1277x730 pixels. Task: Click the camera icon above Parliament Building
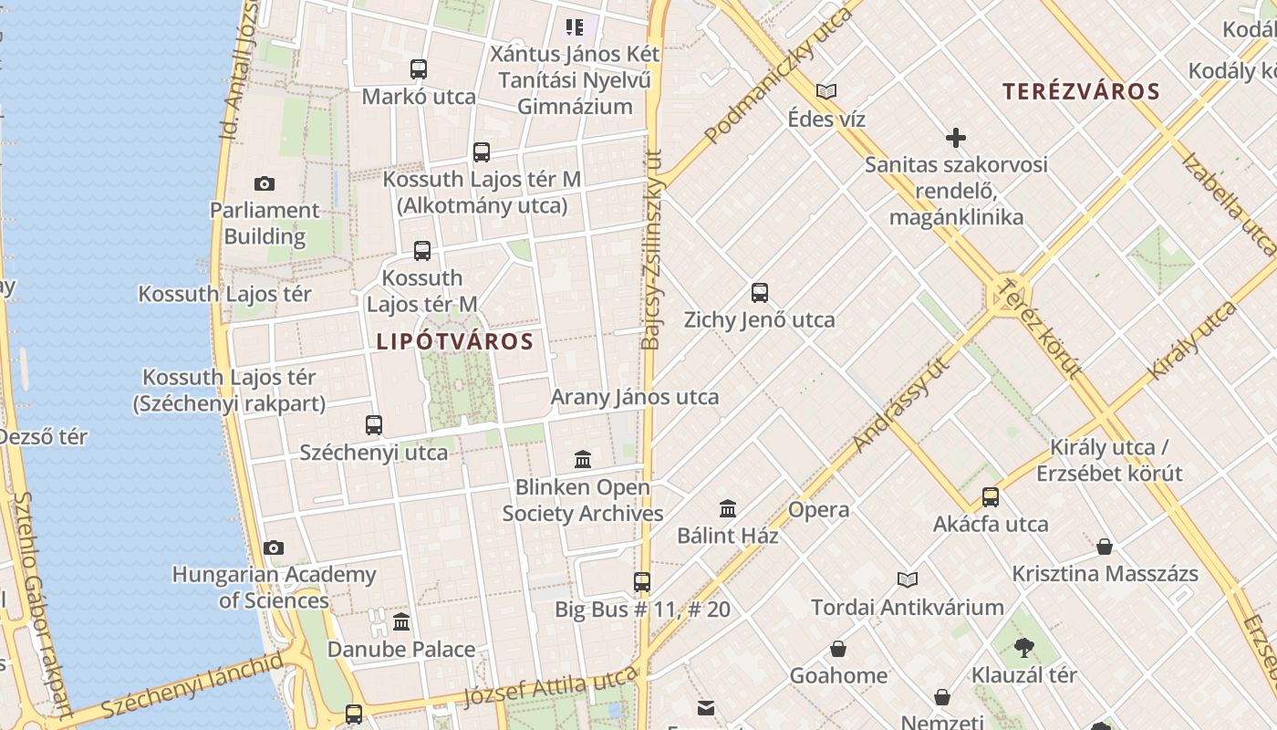tap(265, 184)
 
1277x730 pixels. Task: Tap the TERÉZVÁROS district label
tap(1081, 91)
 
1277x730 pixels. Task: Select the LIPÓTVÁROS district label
tap(455, 342)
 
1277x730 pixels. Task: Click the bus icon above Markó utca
tap(419, 68)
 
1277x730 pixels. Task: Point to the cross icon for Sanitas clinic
tap(956, 138)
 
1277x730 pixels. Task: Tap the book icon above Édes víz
tap(826, 91)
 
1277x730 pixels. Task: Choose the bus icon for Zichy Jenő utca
tap(760, 293)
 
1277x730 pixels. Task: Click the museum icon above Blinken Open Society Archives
tap(583, 459)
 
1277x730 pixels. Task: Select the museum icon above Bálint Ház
tap(728, 508)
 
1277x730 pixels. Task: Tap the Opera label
tap(818, 510)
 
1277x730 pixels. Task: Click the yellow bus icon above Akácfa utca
tap(991, 497)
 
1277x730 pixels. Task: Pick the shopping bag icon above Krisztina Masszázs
tap(1105, 547)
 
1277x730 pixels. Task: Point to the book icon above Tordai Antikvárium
tap(908, 579)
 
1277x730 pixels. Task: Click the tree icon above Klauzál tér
tap(1024, 648)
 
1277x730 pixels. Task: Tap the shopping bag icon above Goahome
tap(838, 649)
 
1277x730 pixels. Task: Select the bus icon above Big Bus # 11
tap(642, 581)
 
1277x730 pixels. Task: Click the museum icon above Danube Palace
tap(401, 622)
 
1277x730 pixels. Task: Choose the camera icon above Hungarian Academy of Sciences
tap(274, 547)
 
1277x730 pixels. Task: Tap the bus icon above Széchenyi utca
tap(374, 424)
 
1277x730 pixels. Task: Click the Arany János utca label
tap(635, 397)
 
